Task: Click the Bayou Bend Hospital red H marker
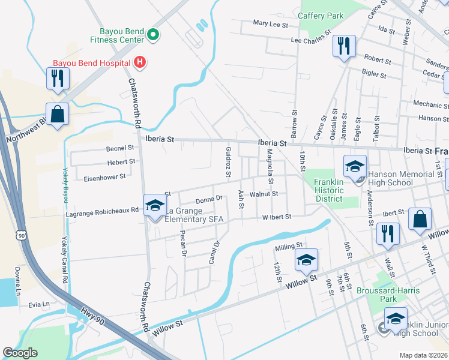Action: (x=139, y=62)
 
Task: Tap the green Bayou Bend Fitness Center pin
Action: (x=152, y=35)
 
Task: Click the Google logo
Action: (x=20, y=353)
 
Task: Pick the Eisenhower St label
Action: (x=104, y=178)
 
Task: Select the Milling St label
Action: (x=289, y=247)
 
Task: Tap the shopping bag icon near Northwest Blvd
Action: (x=57, y=114)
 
